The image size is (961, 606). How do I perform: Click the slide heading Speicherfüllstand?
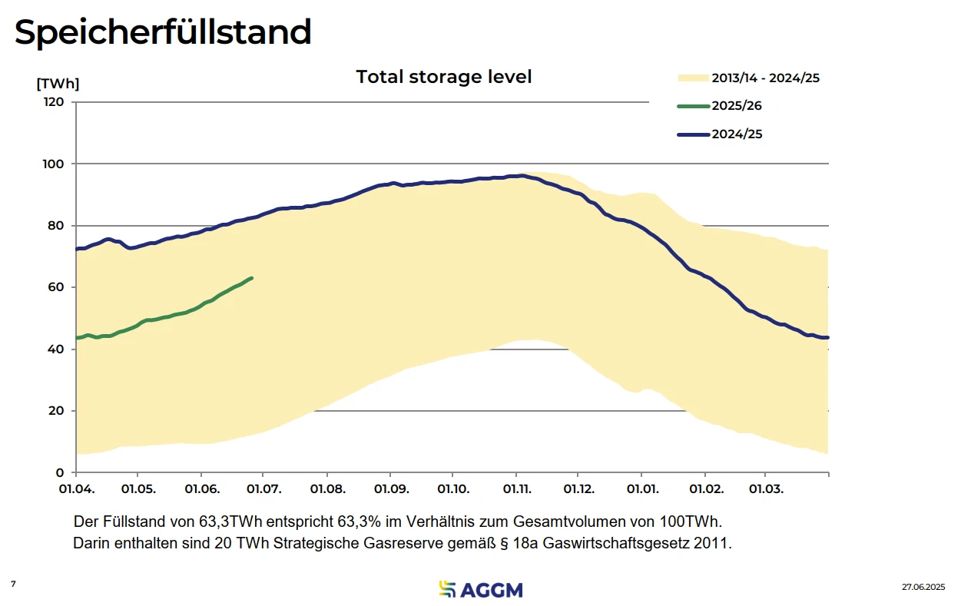pos(163,32)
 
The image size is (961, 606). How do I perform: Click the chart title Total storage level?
pos(444,77)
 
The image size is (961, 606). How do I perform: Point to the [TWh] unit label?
pos(58,84)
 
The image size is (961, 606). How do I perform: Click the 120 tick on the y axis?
pos(55,102)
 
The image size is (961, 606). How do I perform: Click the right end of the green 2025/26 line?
pos(252,278)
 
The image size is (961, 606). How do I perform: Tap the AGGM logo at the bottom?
pos(480,589)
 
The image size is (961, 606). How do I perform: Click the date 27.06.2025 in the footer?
pos(923,587)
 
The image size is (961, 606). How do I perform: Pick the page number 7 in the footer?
pos(13,584)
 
